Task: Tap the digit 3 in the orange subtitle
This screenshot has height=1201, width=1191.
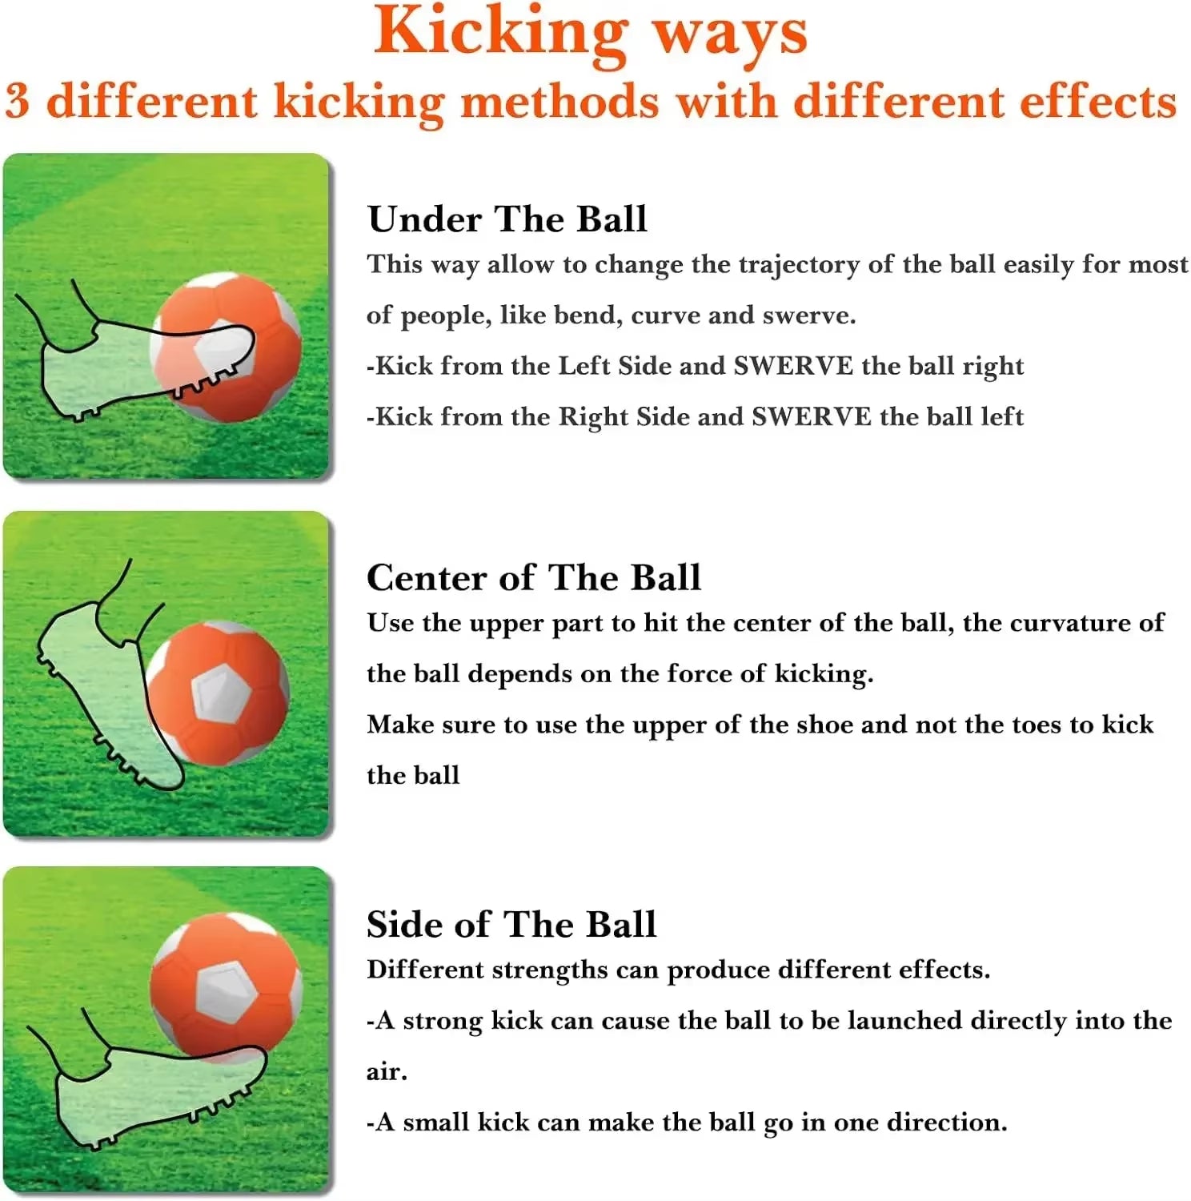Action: pos(18,102)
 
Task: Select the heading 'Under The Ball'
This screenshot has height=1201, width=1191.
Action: pos(507,219)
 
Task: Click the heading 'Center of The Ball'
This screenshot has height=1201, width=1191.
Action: pos(533,577)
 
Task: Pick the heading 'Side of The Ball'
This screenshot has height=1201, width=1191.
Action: pos(511,925)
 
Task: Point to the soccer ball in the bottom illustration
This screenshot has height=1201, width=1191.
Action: pos(226,985)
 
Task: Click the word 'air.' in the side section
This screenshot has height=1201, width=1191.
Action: pos(387,1072)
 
